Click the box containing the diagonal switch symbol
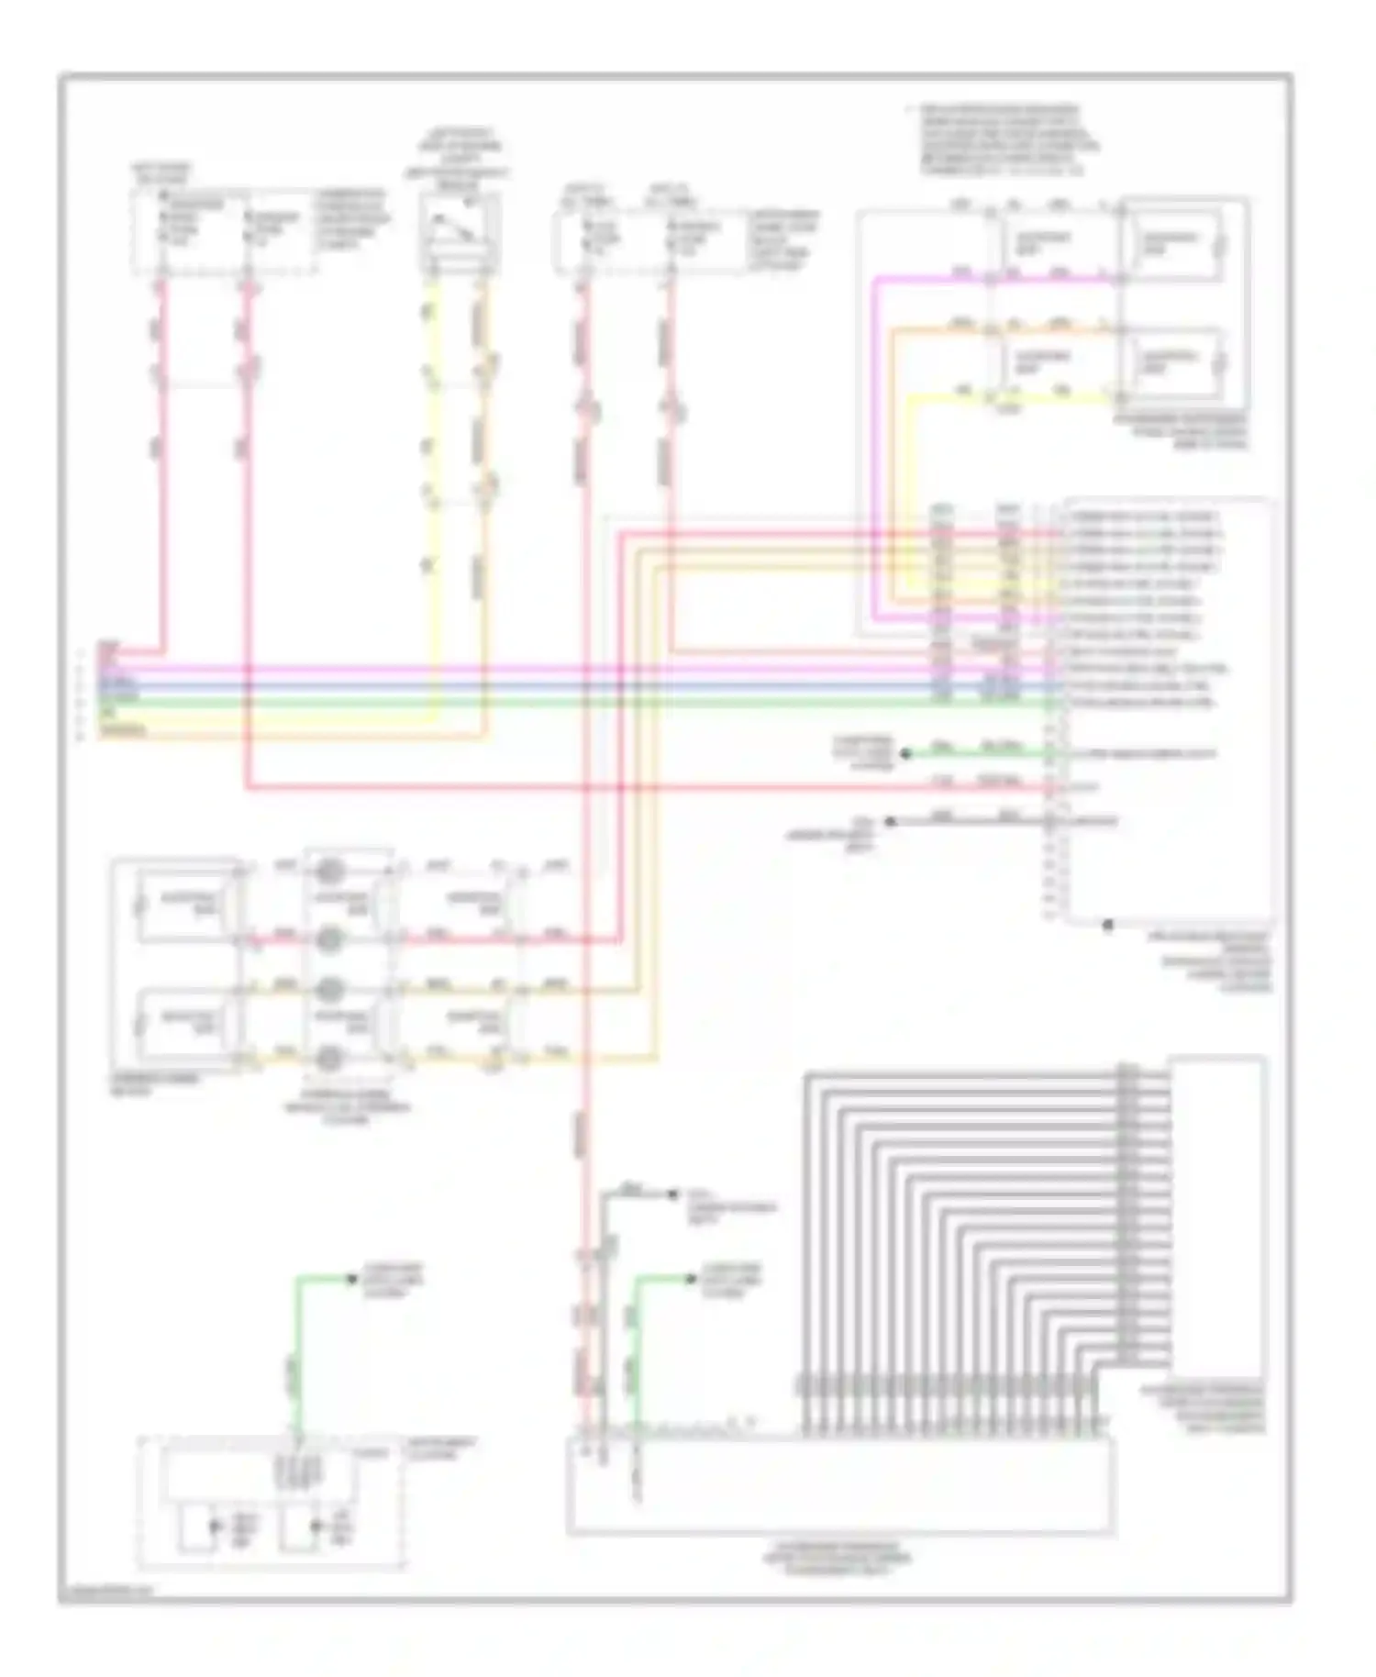coord(458,230)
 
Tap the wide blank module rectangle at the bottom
coord(840,1485)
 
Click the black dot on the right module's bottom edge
coord(1107,926)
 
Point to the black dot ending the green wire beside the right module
coord(905,754)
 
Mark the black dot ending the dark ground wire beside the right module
coord(888,822)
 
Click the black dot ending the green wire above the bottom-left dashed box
coord(351,1279)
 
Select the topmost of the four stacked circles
coord(330,868)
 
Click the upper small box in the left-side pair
coord(188,901)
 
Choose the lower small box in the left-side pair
coord(188,1020)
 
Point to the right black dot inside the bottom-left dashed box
coord(316,1527)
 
